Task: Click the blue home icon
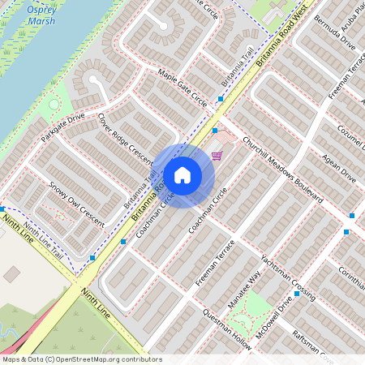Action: tap(182, 174)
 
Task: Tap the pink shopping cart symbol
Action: tap(217, 155)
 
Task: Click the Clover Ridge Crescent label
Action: tap(126, 137)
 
